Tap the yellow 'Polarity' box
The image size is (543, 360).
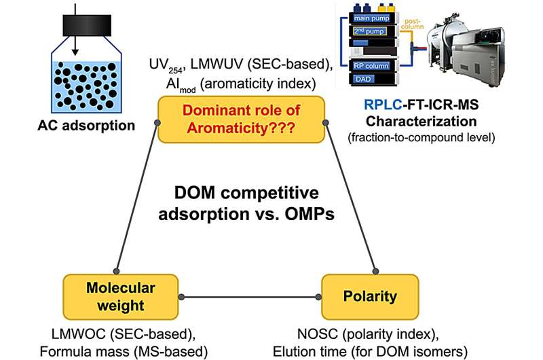pos(357,295)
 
